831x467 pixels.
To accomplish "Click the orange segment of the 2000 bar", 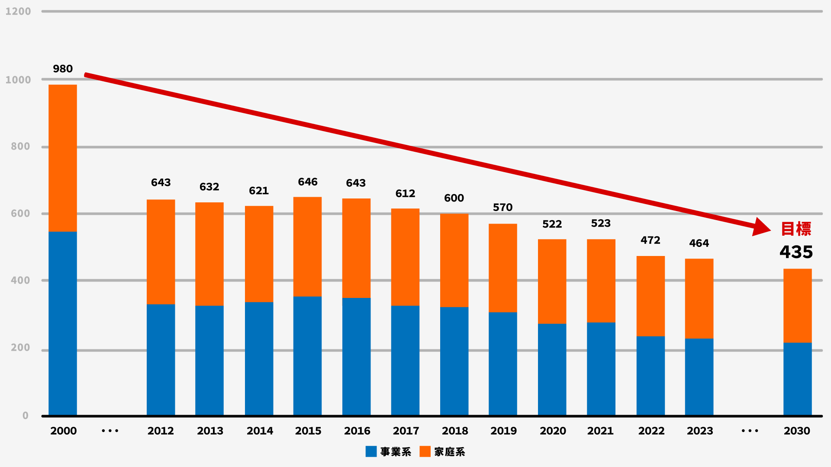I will [63, 158].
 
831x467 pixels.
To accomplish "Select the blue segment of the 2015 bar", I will [307, 355].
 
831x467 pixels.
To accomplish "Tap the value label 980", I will [63, 69].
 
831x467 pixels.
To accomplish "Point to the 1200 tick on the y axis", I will [18, 11].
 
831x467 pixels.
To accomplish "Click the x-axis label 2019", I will [503, 431].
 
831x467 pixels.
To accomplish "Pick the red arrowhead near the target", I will [760, 227].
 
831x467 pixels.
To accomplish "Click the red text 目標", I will [796, 229].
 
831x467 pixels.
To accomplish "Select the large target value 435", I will [796, 252].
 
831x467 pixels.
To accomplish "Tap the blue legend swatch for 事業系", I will [371, 451].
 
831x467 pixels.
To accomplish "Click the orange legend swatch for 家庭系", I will [425, 451].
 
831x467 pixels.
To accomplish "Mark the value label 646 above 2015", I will [308, 182].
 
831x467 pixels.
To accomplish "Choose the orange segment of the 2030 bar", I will [797, 306].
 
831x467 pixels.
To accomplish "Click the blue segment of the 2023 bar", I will [699, 377].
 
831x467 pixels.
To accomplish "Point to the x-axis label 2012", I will [161, 431].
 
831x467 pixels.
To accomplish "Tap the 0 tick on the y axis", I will [26, 416].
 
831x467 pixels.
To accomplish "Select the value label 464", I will [699, 243].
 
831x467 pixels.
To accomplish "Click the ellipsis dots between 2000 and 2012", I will [110, 431].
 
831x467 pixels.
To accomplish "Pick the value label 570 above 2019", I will [502, 208].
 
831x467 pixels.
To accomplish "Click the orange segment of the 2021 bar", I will [601, 281].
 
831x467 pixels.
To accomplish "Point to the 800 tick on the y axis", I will [20, 147].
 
